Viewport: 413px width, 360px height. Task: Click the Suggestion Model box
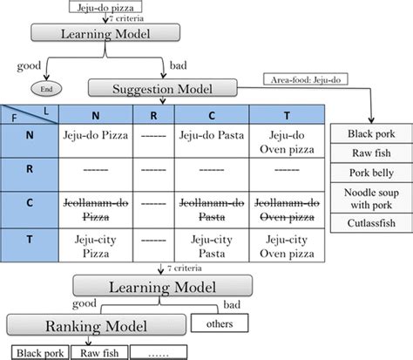(163, 88)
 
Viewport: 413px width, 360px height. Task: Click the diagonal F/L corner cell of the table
(28, 112)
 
